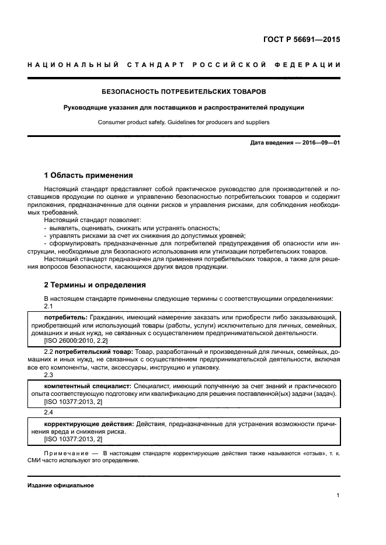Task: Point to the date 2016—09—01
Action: point(320,143)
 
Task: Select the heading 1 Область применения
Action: point(88,175)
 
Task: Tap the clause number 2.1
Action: point(48,306)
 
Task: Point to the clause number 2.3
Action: point(48,375)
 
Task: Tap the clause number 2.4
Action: point(48,413)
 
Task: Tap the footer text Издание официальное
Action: point(61,485)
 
